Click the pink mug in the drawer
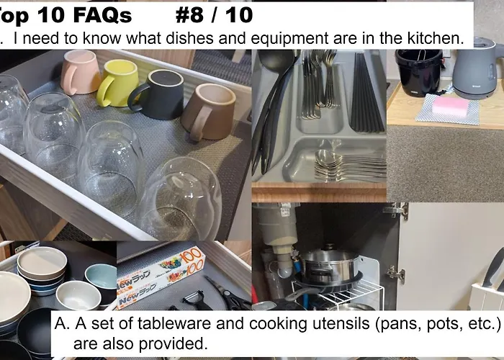tap(81, 72)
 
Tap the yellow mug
tap(117, 83)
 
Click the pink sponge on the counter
tap(450, 106)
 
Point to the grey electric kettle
tap(477, 68)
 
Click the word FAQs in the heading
tap(102, 15)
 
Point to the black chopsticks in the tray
tap(367, 93)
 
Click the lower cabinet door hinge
tap(396, 274)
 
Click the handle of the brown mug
tap(201, 123)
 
